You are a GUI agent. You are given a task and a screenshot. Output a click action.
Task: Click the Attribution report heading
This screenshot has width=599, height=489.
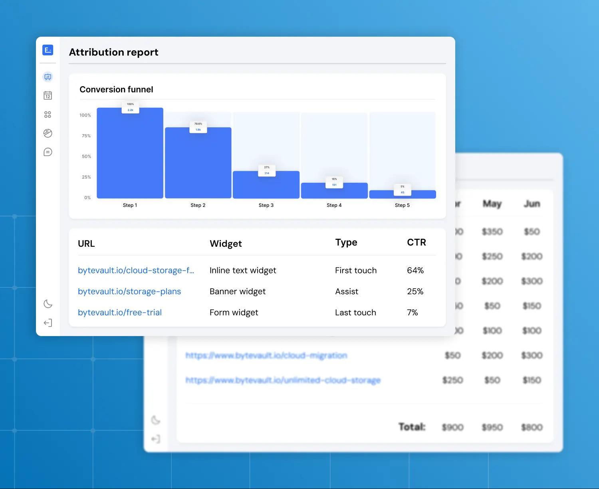[x=113, y=52]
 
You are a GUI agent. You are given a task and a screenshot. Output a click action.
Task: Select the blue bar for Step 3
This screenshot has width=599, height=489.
[x=266, y=186]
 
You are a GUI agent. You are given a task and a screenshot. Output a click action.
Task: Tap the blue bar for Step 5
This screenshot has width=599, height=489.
[x=403, y=195]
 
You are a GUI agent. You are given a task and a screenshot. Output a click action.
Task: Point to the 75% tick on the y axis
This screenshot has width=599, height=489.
[x=86, y=136]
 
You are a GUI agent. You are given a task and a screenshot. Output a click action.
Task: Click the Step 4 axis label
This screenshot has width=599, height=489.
[x=334, y=205]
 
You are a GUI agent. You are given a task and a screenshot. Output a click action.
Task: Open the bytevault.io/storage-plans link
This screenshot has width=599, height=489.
[x=129, y=291]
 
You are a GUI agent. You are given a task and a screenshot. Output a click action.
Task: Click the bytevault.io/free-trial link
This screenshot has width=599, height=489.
[x=120, y=313]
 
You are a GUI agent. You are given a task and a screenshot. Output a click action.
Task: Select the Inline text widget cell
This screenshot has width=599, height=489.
[x=243, y=270]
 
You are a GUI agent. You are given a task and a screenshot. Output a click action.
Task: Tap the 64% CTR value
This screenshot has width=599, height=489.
[x=415, y=270]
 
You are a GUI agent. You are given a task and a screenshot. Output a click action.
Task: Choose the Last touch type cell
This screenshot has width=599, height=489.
[x=355, y=313]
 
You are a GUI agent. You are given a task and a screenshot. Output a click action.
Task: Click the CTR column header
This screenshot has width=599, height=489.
[x=417, y=242]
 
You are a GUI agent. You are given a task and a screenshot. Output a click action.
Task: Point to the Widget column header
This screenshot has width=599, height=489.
[x=226, y=244]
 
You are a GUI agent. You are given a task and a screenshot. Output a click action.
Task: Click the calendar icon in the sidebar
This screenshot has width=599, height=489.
[x=48, y=95]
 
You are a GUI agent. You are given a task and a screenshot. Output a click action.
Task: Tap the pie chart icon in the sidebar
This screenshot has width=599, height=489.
[x=48, y=133]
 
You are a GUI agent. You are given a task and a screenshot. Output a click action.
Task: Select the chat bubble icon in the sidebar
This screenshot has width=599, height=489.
[x=48, y=152]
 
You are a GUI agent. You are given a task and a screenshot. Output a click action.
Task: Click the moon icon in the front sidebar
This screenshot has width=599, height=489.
[x=48, y=304]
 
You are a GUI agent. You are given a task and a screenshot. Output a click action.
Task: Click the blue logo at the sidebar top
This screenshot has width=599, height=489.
[x=48, y=50]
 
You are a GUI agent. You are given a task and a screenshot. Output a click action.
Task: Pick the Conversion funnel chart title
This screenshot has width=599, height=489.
[x=116, y=89]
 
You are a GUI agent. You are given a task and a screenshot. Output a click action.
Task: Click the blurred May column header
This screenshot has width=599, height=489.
[x=492, y=204]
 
